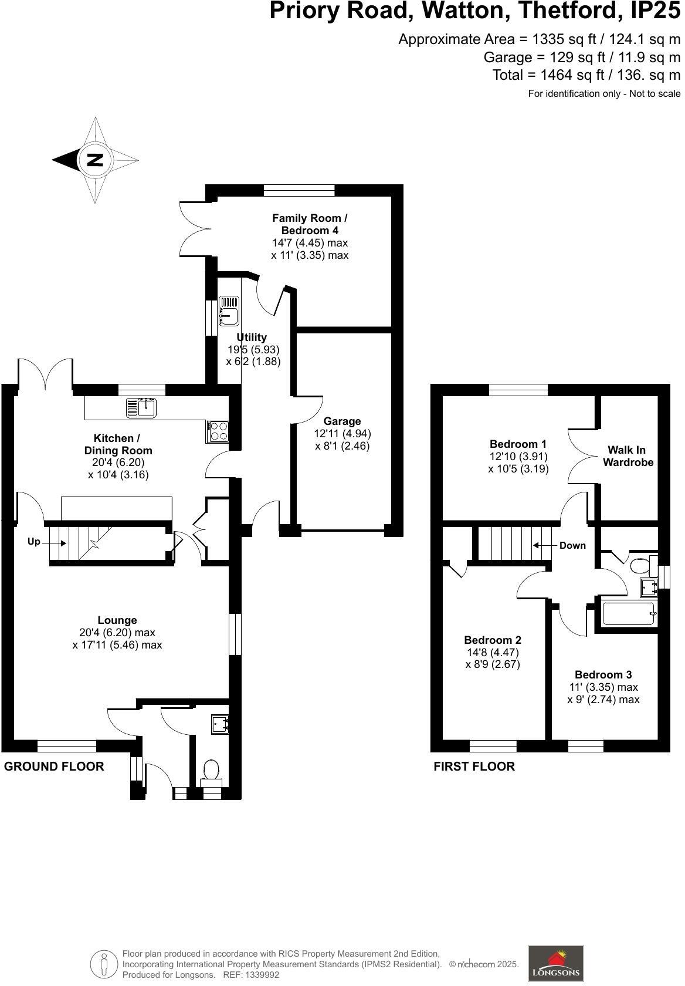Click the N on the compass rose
coord(95,160)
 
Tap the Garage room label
coord(342,421)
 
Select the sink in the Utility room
coord(229,309)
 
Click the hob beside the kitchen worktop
coord(218,431)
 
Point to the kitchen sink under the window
coord(141,407)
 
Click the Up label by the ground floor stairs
coord(34,542)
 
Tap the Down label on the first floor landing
coord(572,545)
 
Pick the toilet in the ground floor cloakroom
coord(211,769)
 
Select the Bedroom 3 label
coord(603,675)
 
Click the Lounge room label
coord(117,620)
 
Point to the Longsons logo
coord(555,963)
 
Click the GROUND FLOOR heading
coord(54,766)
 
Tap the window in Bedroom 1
coord(518,390)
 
